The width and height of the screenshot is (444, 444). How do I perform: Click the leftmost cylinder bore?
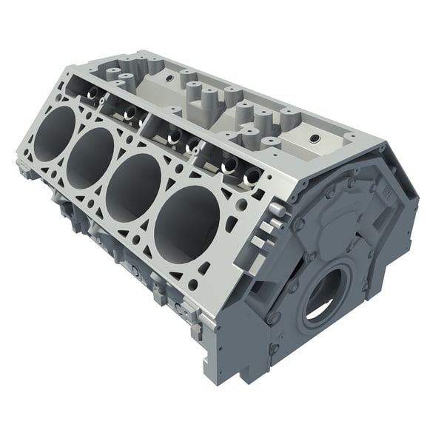(x=54, y=133)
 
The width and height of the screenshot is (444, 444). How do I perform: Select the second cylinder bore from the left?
(x=90, y=158)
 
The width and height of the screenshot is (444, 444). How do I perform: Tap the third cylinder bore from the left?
(x=133, y=187)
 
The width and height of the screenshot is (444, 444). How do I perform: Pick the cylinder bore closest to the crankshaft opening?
(x=186, y=223)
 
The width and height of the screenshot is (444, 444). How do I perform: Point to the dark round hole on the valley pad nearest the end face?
(x=314, y=138)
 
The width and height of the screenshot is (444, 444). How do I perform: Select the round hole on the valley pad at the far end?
(x=169, y=77)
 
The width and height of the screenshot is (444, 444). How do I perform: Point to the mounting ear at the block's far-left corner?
(x=24, y=169)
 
